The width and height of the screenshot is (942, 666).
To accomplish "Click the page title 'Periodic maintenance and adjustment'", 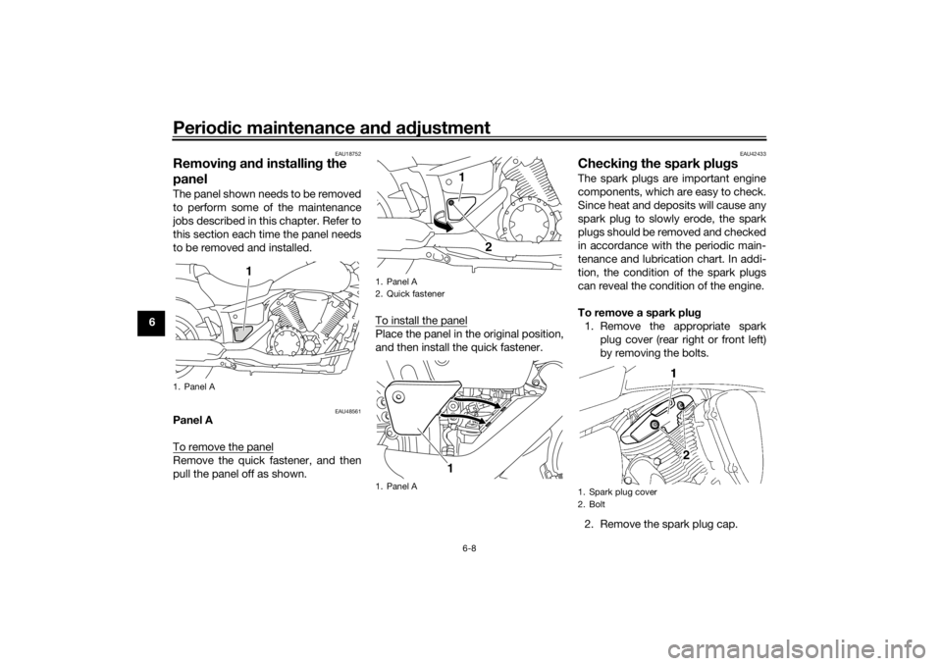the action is [331, 128].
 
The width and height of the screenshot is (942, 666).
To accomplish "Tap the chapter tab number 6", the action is [153, 322].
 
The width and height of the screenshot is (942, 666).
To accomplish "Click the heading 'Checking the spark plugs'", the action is [657, 164].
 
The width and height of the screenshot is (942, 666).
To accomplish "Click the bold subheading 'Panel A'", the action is [192, 421].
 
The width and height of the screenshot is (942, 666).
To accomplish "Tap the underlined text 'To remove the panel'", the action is [223, 447].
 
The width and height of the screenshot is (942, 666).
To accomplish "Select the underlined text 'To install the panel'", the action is [421, 320].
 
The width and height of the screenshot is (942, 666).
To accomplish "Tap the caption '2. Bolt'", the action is [593, 504].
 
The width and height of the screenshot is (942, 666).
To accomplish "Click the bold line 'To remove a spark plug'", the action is [639, 312].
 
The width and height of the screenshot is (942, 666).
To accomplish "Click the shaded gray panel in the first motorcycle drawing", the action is [242, 333].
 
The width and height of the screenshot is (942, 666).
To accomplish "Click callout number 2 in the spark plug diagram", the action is [686, 456].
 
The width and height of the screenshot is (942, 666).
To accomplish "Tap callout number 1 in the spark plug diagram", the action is [674, 374].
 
